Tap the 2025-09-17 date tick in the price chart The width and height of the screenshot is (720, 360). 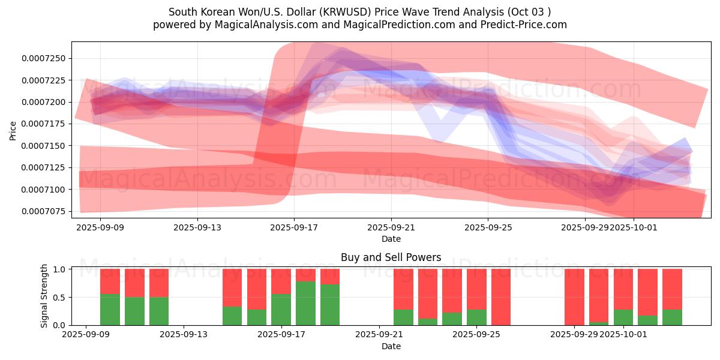[x=294, y=228]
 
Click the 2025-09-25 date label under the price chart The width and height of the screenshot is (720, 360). [x=488, y=228]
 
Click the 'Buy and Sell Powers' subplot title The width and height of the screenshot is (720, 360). [x=391, y=257]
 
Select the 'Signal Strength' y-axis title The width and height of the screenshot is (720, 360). [x=44, y=296]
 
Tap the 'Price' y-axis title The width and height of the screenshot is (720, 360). [x=13, y=130]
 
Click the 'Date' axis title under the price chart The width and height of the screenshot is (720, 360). [x=391, y=239]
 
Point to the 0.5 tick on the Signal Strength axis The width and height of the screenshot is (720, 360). [x=60, y=298]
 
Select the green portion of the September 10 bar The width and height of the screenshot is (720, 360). [x=110, y=310]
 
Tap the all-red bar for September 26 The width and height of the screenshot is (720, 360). [x=501, y=297]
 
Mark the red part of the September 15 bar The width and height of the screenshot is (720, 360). [x=232, y=287]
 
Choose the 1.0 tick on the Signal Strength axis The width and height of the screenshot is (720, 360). [x=60, y=269]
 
